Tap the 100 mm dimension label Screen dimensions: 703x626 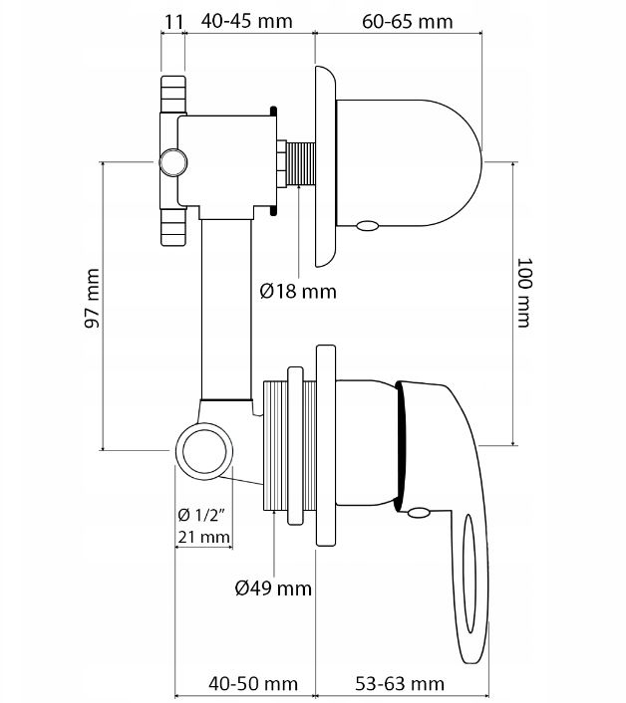pyautogui.click(x=527, y=293)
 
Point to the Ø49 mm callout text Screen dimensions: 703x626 pyautogui.click(x=273, y=587)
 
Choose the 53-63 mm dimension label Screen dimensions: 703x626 pyautogui.click(x=399, y=683)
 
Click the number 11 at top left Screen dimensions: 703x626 pyautogui.click(x=172, y=21)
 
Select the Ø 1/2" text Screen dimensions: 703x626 pyautogui.click(x=203, y=515)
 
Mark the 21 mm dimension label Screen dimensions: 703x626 pyautogui.click(x=203, y=538)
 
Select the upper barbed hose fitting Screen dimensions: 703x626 pyautogui.click(x=171, y=94)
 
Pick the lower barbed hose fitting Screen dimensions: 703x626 pyautogui.click(x=171, y=226)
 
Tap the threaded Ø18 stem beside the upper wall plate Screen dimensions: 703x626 pyautogui.click(x=300, y=163)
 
